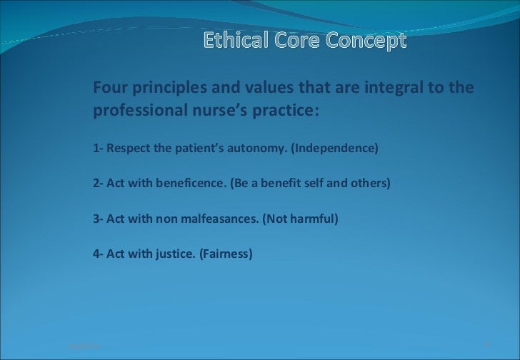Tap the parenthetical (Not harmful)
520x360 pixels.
pyautogui.click(x=299, y=218)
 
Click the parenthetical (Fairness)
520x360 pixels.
pyautogui.click(x=224, y=253)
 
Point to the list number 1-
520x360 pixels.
pyautogui.click(x=99, y=149)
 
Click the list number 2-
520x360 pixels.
pyautogui.click(x=99, y=183)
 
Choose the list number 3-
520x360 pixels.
pyautogui.click(x=99, y=218)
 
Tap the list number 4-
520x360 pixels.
pyautogui.click(x=99, y=253)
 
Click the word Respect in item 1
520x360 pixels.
pyautogui.click(x=128, y=149)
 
